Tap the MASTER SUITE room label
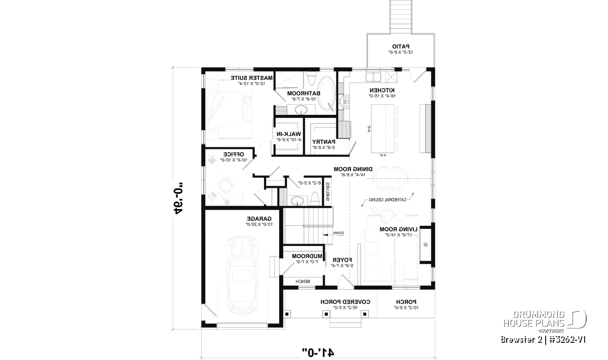pyautogui.click(x=252, y=77)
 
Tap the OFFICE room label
pyautogui.click(x=234, y=154)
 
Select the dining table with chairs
pyautogui.click(x=391, y=176)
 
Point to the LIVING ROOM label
pyautogui.click(x=399, y=229)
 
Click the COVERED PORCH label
pyautogui.click(x=346, y=301)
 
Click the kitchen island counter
pyautogui.click(x=387, y=129)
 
